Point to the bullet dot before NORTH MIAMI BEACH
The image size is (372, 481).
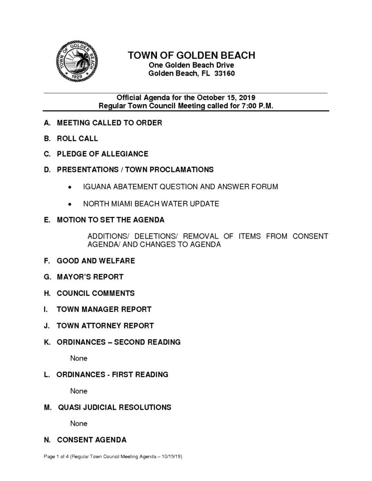coord(70,204)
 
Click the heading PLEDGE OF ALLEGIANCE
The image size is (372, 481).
coord(103,154)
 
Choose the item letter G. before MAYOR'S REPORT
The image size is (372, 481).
coord(47,277)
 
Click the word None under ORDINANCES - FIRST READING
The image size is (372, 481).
coord(79,390)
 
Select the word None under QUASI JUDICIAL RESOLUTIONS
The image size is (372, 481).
coord(79,423)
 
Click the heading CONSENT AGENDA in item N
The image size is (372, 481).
coord(92,440)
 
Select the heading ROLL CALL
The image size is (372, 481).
coord(78,139)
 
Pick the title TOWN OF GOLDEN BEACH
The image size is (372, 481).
coord(191,55)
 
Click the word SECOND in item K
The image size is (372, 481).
coord(131,341)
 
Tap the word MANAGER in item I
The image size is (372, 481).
coord(103,309)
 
